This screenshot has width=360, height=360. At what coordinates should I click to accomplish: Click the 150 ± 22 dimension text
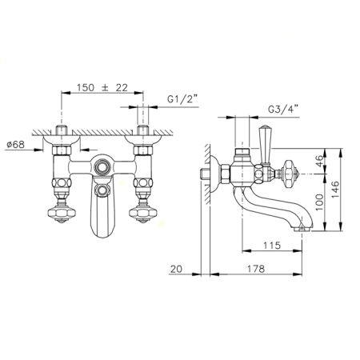tap(102, 87)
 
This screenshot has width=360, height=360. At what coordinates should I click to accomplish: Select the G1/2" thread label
tap(182, 99)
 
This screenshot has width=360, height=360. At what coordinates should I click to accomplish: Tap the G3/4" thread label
tap(283, 109)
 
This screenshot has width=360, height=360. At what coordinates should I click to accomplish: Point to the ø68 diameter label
tap(15, 145)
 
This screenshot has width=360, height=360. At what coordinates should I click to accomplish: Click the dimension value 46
tap(319, 161)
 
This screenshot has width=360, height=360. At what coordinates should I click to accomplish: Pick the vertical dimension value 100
tap(319, 202)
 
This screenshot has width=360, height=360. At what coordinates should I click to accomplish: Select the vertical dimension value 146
tap(335, 190)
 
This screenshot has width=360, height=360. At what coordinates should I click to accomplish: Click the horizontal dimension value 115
tap(272, 245)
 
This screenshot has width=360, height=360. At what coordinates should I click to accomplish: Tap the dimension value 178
tap(256, 269)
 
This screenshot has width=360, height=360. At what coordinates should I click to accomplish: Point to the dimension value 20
tap(176, 269)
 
